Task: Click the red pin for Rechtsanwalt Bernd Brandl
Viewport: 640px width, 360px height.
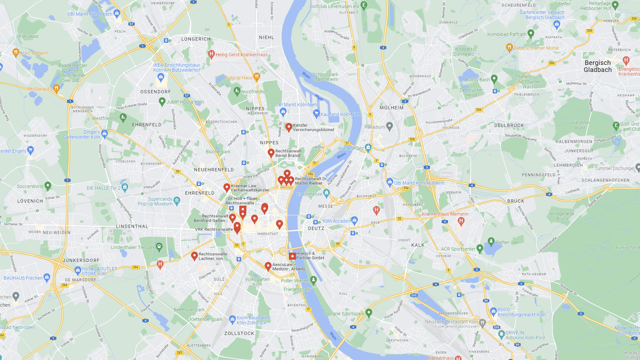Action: pyautogui.click(x=271, y=153)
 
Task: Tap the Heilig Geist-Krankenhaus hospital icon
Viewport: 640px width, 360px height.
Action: pyautogui.click(x=211, y=54)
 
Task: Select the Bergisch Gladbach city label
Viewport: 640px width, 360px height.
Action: pyautogui.click(x=597, y=66)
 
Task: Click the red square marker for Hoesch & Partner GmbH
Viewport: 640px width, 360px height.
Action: pyautogui.click(x=292, y=256)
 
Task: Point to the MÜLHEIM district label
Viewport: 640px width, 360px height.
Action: pyautogui.click(x=391, y=108)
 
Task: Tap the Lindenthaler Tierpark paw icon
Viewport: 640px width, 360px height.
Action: pyautogui.click(x=159, y=247)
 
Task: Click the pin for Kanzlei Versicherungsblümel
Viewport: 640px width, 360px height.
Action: pyautogui.click(x=289, y=127)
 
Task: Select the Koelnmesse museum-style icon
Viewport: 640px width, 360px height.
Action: pyautogui.click(x=326, y=193)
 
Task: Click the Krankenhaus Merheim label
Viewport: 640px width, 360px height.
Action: pyautogui.click(x=445, y=214)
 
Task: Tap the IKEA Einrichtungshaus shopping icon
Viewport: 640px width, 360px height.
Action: pyautogui.click(x=161, y=77)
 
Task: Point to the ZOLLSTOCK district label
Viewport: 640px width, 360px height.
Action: pyautogui.click(x=239, y=333)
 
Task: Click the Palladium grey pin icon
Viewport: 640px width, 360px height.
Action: pyautogui.click(x=389, y=126)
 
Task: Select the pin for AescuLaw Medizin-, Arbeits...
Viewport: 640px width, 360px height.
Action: pyautogui.click(x=268, y=266)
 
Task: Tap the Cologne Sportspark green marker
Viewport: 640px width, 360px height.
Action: pyautogui.click(x=369, y=313)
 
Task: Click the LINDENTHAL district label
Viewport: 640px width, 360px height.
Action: pyautogui.click(x=132, y=226)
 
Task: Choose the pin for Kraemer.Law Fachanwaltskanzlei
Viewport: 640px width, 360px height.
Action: pyautogui.click(x=227, y=187)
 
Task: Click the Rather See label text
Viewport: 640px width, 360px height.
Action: pyautogui.click(x=507, y=242)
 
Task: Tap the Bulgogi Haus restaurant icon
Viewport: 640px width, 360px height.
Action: pyautogui.click(x=256, y=77)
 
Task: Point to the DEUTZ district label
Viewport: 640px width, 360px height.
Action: pyautogui.click(x=316, y=228)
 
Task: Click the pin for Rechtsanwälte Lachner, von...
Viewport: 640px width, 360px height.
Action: pyautogui.click(x=194, y=256)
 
